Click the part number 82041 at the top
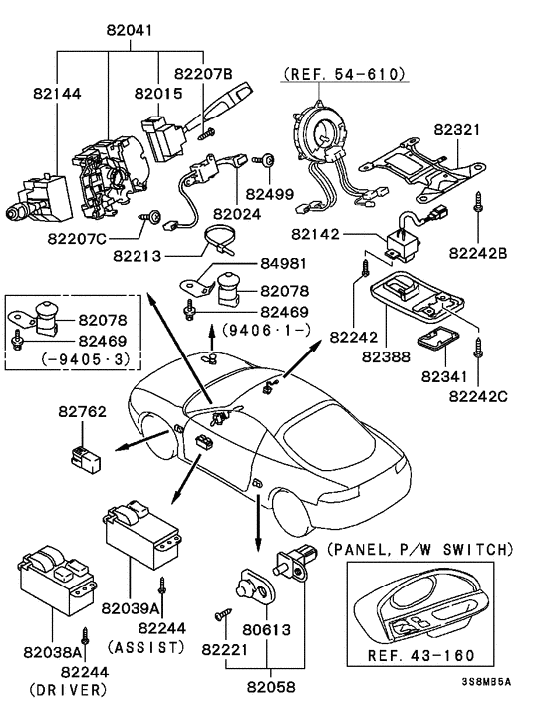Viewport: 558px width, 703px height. (x=130, y=30)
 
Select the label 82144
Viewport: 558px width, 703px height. (x=57, y=94)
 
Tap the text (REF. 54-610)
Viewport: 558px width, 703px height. (x=345, y=73)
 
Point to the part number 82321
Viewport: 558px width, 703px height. (x=457, y=130)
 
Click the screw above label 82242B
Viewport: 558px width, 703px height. (x=478, y=203)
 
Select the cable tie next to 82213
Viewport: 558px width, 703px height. (x=219, y=242)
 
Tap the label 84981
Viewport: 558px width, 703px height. (x=284, y=263)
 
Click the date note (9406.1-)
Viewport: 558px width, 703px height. (x=266, y=331)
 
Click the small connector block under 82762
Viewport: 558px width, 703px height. (x=86, y=459)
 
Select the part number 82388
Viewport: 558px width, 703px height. (x=386, y=356)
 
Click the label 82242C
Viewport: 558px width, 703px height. (x=478, y=396)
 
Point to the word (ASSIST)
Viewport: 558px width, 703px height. (x=145, y=647)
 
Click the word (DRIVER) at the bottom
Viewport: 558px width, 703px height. (x=68, y=689)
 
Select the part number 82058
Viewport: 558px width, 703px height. (x=271, y=686)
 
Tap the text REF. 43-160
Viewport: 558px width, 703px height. (x=420, y=655)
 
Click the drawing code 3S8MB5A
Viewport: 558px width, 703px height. (x=486, y=682)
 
